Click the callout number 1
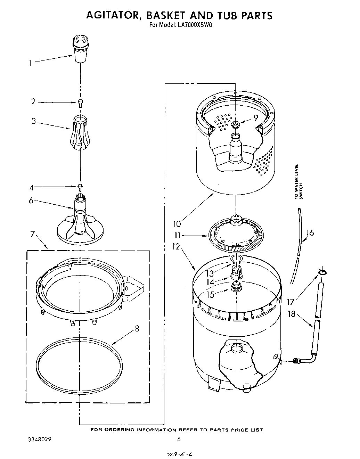click(x=30, y=63)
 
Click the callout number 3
click(x=34, y=122)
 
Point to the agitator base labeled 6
click(x=80, y=226)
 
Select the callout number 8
click(x=137, y=328)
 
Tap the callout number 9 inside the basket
click(x=255, y=118)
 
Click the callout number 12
click(x=176, y=247)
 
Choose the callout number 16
click(x=310, y=232)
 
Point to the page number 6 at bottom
click(x=179, y=439)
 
